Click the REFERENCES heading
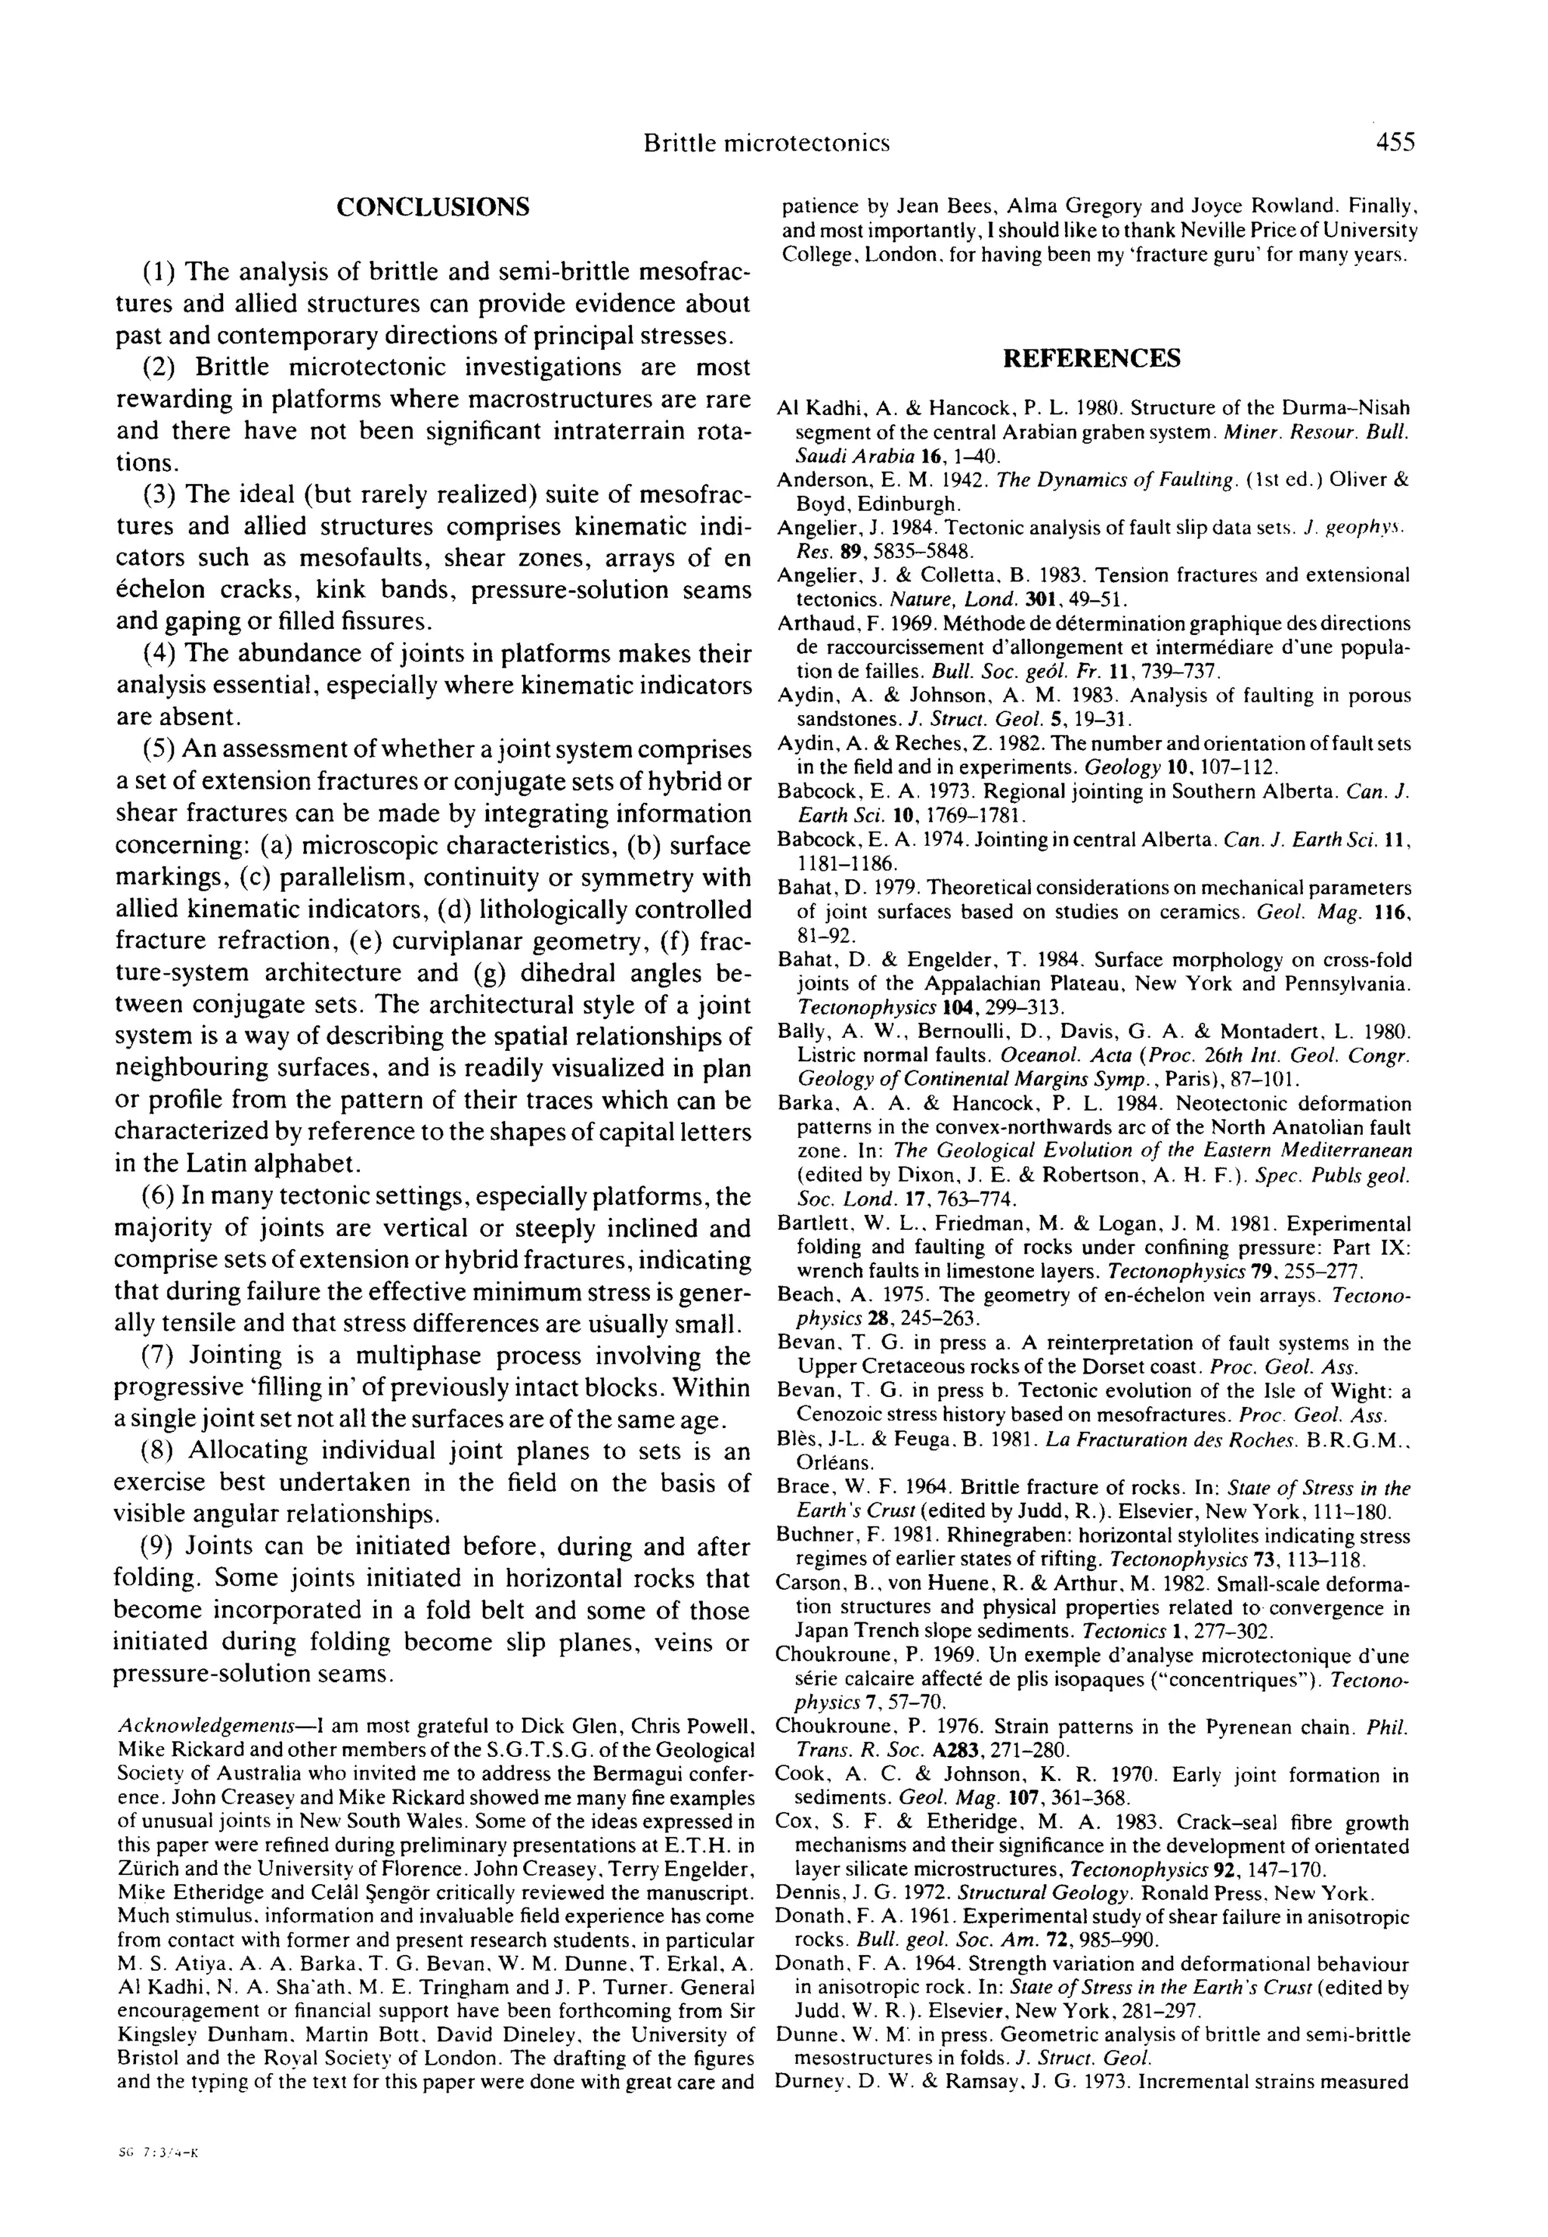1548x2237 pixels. [x=1091, y=359]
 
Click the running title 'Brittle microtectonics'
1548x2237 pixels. [x=766, y=144]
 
